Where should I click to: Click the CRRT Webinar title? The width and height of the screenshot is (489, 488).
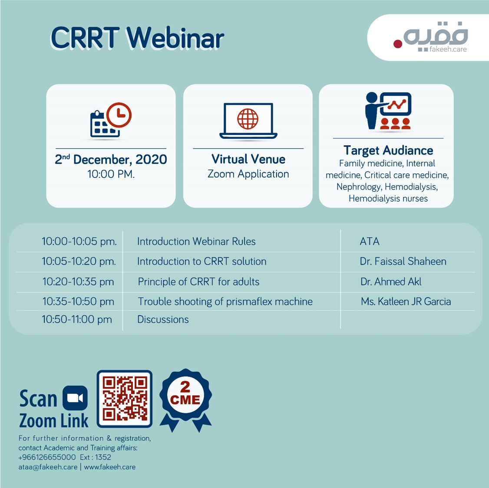click(137, 38)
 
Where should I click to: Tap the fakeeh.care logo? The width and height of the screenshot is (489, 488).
click(431, 37)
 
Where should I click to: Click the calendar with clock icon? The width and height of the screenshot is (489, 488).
click(111, 120)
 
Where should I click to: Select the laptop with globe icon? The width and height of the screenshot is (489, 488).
click(248, 121)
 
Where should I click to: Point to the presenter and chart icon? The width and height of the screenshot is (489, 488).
click(388, 111)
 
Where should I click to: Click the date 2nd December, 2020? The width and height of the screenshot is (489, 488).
click(111, 159)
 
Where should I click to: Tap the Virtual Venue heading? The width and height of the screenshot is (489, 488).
click(248, 159)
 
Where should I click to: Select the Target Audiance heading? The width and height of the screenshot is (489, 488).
click(388, 151)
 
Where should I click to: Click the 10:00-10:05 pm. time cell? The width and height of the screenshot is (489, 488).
click(79, 241)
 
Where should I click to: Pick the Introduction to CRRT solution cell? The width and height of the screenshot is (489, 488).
click(202, 261)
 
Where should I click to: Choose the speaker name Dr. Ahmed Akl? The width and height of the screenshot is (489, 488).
click(391, 282)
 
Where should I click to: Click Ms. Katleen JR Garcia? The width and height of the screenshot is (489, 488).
click(406, 301)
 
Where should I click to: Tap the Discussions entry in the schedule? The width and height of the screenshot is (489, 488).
click(163, 320)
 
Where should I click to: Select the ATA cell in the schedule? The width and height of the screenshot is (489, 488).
click(370, 241)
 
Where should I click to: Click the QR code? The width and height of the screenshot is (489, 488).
click(125, 399)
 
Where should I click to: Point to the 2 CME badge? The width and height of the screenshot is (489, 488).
click(185, 399)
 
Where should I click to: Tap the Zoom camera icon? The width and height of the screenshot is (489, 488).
click(75, 398)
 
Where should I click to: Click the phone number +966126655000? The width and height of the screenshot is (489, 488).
click(47, 457)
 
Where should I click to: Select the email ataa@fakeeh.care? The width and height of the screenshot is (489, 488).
click(48, 467)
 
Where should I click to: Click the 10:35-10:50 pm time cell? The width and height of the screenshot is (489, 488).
click(78, 301)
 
